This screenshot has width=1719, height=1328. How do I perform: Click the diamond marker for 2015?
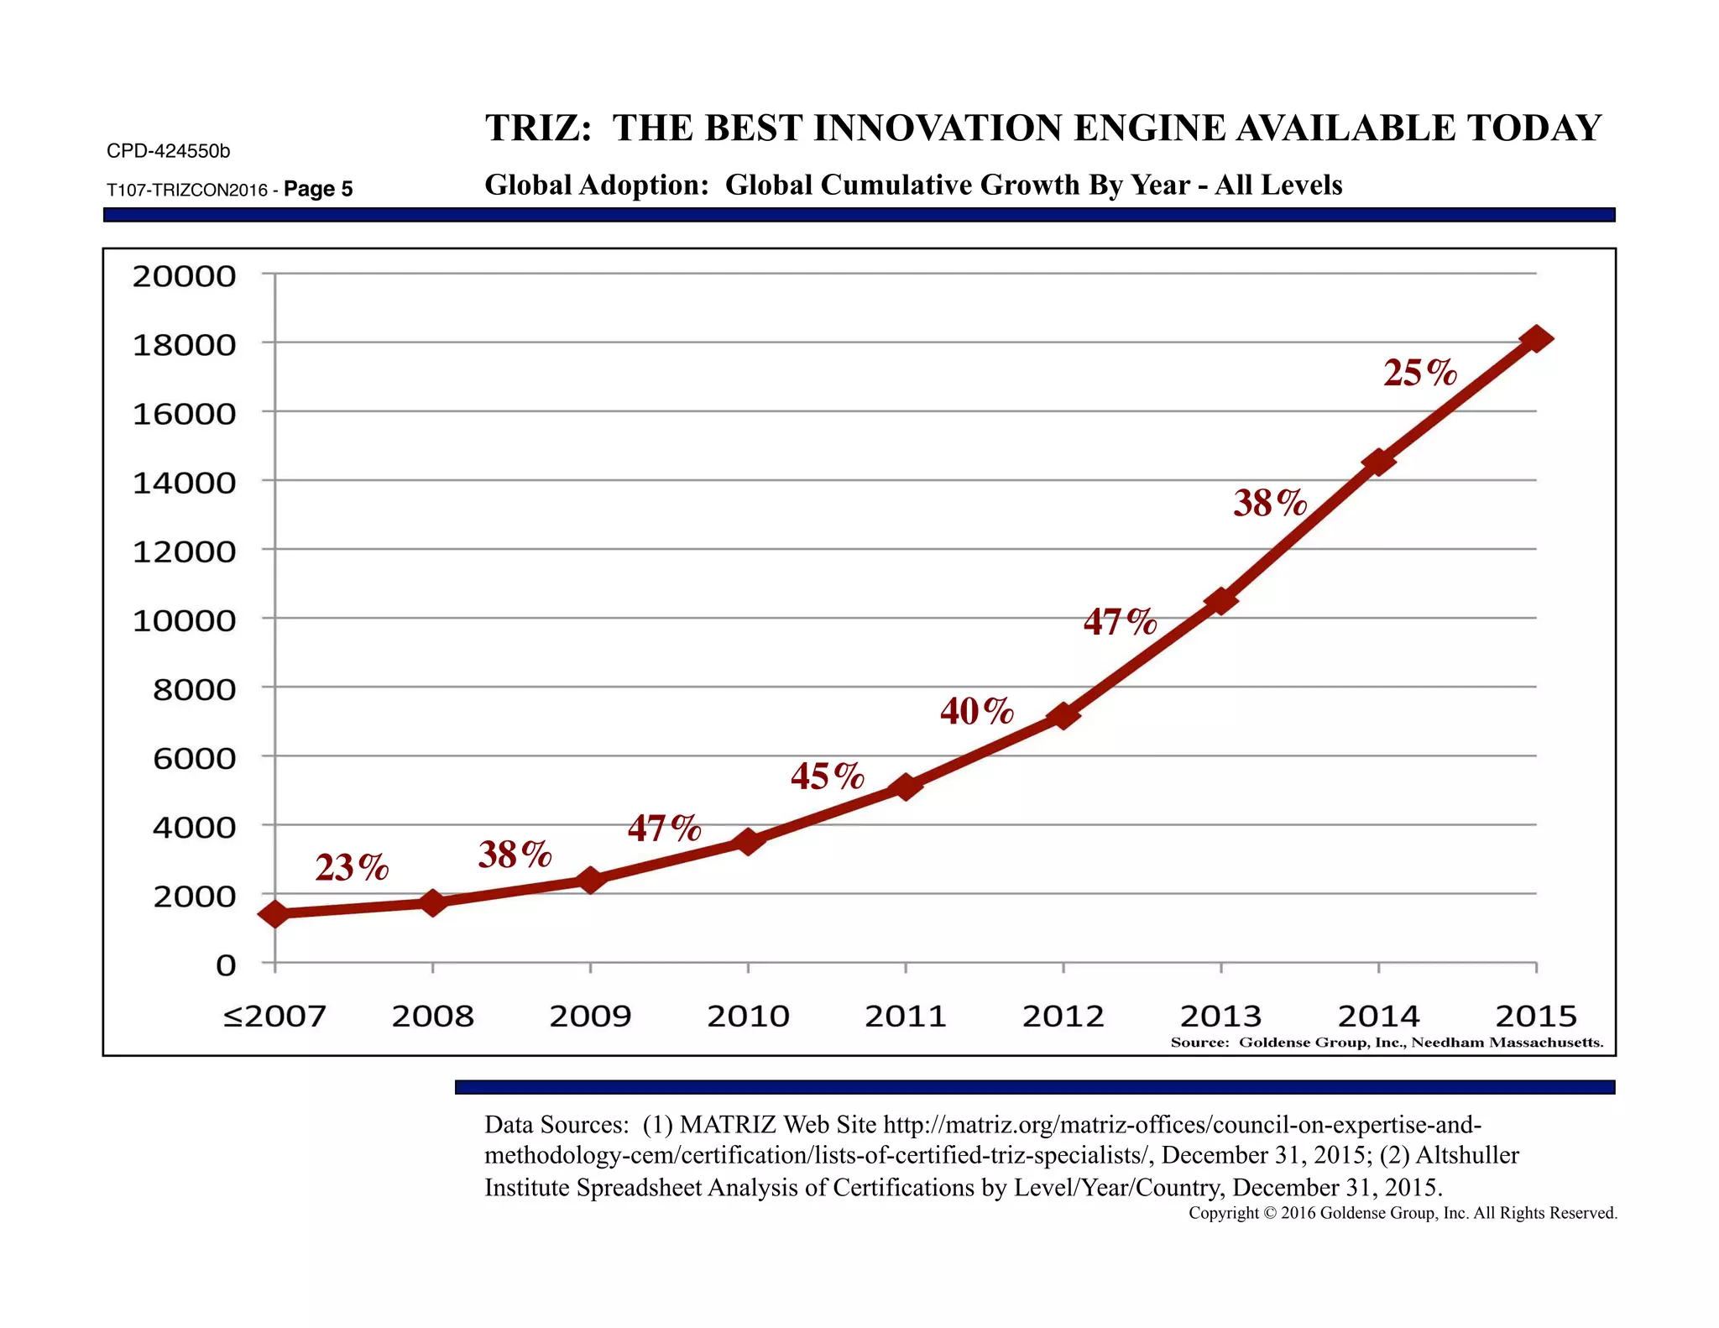[x=1536, y=339]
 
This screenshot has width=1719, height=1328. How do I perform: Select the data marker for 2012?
[x=1063, y=716]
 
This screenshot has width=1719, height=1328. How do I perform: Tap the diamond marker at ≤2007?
[x=275, y=914]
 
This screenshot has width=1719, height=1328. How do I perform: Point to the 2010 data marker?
[x=748, y=841]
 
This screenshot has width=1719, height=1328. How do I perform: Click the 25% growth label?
[x=1420, y=374]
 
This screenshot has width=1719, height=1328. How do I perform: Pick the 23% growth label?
[x=352, y=868]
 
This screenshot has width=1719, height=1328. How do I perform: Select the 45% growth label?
[x=827, y=776]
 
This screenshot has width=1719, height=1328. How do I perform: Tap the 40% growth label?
[x=976, y=712]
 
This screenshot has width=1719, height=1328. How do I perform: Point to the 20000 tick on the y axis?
[x=184, y=276]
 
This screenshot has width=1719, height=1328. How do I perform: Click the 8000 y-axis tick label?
[x=194, y=690]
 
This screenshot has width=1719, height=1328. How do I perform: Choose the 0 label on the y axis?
[x=225, y=965]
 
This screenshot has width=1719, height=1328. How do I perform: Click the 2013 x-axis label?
[x=1220, y=1017]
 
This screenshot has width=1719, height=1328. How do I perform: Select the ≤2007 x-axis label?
[x=274, y=1017]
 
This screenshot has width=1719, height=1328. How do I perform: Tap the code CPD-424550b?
[x=168, y=151]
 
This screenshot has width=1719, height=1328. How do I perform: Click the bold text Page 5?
[x=318, y=189]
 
